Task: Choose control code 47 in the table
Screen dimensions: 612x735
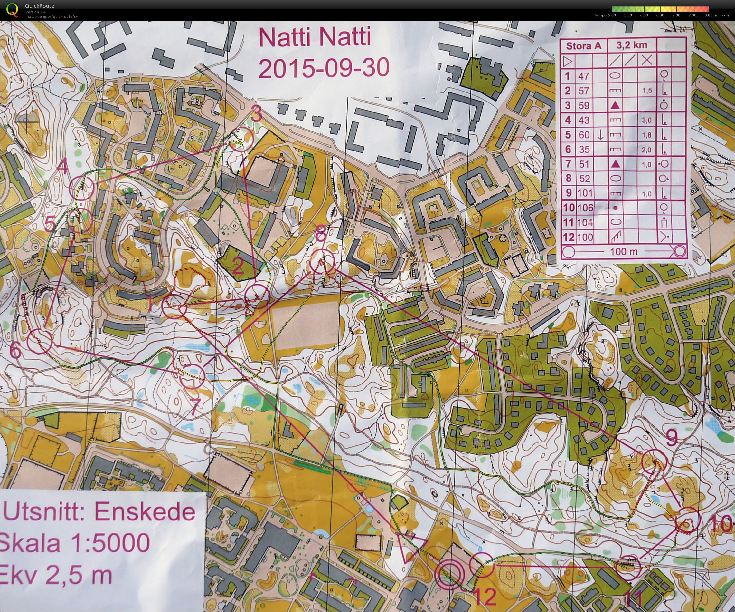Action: tap(584, 76)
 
